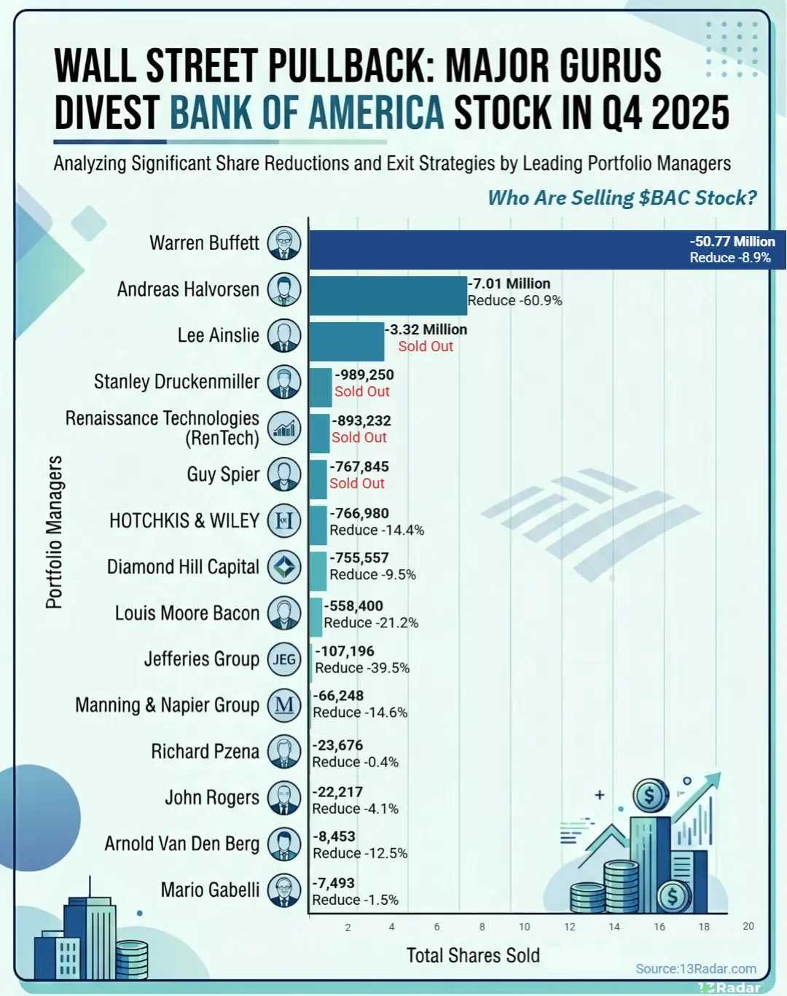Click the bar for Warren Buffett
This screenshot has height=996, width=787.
(496, 250)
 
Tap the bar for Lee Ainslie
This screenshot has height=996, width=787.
(347, 341)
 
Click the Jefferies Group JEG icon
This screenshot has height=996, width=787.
(284, 660)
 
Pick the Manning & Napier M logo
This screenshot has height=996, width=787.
(284, 705)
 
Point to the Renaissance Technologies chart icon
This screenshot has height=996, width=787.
(284, 428)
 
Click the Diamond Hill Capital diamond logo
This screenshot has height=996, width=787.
(284, 567)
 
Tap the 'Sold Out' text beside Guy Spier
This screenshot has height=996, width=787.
(357, 484)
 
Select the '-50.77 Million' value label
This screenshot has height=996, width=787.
(732, 241)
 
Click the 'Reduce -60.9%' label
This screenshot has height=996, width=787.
(514, 301)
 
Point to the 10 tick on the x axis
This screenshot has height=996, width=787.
(524, 927)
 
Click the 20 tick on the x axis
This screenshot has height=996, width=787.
(748, 926)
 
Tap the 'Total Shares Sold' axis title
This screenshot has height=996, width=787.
(473, 955)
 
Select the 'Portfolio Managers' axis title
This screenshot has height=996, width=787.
(55, 532)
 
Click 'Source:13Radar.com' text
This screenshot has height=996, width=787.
(696, 968)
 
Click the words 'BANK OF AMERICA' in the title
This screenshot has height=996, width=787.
(307, 113)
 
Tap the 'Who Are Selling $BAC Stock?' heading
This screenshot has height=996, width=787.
(622, 197)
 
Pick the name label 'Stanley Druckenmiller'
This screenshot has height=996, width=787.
(176, 382)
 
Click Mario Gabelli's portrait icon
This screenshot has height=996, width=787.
(284, 890)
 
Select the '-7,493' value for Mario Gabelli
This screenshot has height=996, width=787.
(334, 883)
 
